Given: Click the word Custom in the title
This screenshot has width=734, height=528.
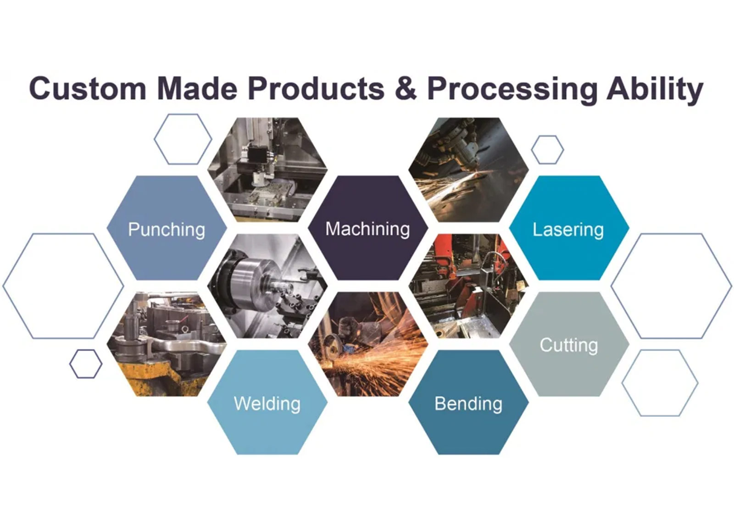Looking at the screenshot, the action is pyautogui.click(x=88, y=89).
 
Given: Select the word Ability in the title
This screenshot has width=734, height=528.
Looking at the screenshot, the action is pyautogui.click(x=655, y=90).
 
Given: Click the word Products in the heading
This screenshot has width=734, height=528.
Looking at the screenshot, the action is pyautogui.click(x=316, y=89).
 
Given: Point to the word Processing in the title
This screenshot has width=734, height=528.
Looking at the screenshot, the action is pyautogui.click(x=512, y=90).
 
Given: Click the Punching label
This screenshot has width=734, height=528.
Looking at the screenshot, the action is pyautogui.click(x=167, y=230).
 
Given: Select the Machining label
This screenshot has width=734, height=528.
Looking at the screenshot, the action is pyautogui.click(x=367, y=229).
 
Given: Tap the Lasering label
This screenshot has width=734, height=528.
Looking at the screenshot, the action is pyautogui.click(x=568, y=230).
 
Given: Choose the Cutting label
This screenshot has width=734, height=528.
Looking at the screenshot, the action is pyautogui.click(x=569, y=345).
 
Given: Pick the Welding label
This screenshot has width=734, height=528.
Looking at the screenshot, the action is pyautogui.click(x=267, y=404).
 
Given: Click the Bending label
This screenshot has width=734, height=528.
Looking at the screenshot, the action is pyautogui.click(x=468, y=404).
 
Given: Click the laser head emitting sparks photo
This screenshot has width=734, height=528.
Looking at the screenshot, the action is pyautogui.click(x=468, y=170).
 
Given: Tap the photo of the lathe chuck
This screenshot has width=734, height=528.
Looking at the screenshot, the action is pyautogui.click(x=267, y=286).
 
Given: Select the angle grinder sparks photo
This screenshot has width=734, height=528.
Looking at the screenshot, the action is pyautogui.click(x=367, y=344).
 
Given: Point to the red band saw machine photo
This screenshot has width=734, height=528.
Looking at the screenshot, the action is pyautogui.click(x=468, y=286).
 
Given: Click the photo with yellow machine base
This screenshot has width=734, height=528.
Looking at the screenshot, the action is pyautogui.click(x=167, y=344).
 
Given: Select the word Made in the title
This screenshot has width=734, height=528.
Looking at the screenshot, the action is pyautogui.click(x=197, y=89).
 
